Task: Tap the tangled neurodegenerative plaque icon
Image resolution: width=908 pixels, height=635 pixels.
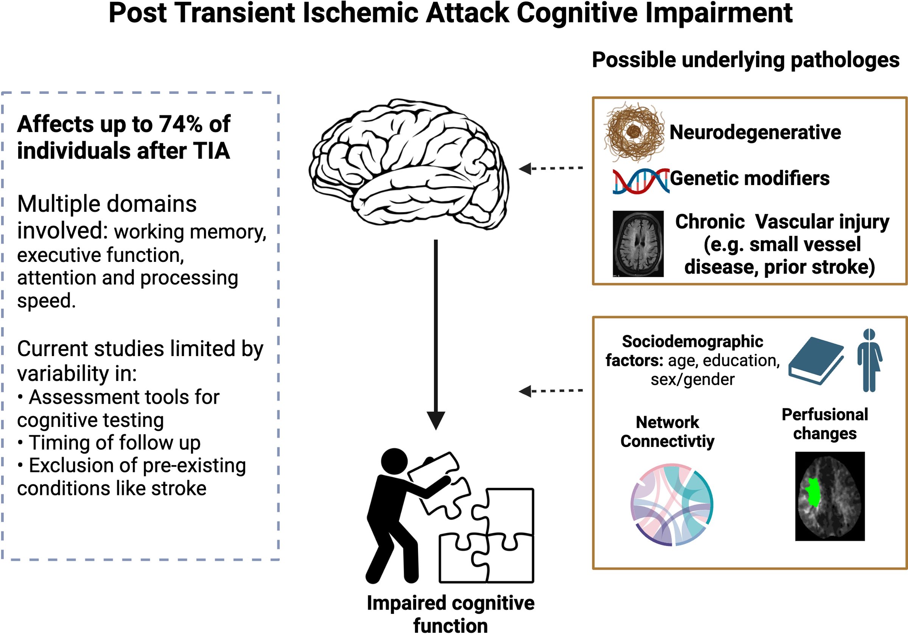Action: coord(634,132)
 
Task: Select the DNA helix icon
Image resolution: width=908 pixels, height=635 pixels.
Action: coord(641,181)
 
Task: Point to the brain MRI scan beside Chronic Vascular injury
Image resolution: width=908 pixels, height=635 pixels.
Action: coord(638,243)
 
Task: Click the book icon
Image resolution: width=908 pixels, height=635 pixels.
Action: coord(815,360)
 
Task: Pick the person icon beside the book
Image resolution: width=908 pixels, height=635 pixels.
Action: coord(869,360)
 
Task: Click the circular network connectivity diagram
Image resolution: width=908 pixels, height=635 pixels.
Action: coord(672,504)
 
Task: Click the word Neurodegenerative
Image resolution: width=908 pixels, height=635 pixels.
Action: coord(755,132)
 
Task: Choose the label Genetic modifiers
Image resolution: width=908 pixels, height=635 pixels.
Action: coord(749,178)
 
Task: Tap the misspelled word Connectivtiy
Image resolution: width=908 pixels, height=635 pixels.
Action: coord(667,441)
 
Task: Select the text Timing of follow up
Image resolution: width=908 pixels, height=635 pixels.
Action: coord(115,442)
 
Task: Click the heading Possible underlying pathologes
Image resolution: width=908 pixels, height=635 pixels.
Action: coord(745,61)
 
